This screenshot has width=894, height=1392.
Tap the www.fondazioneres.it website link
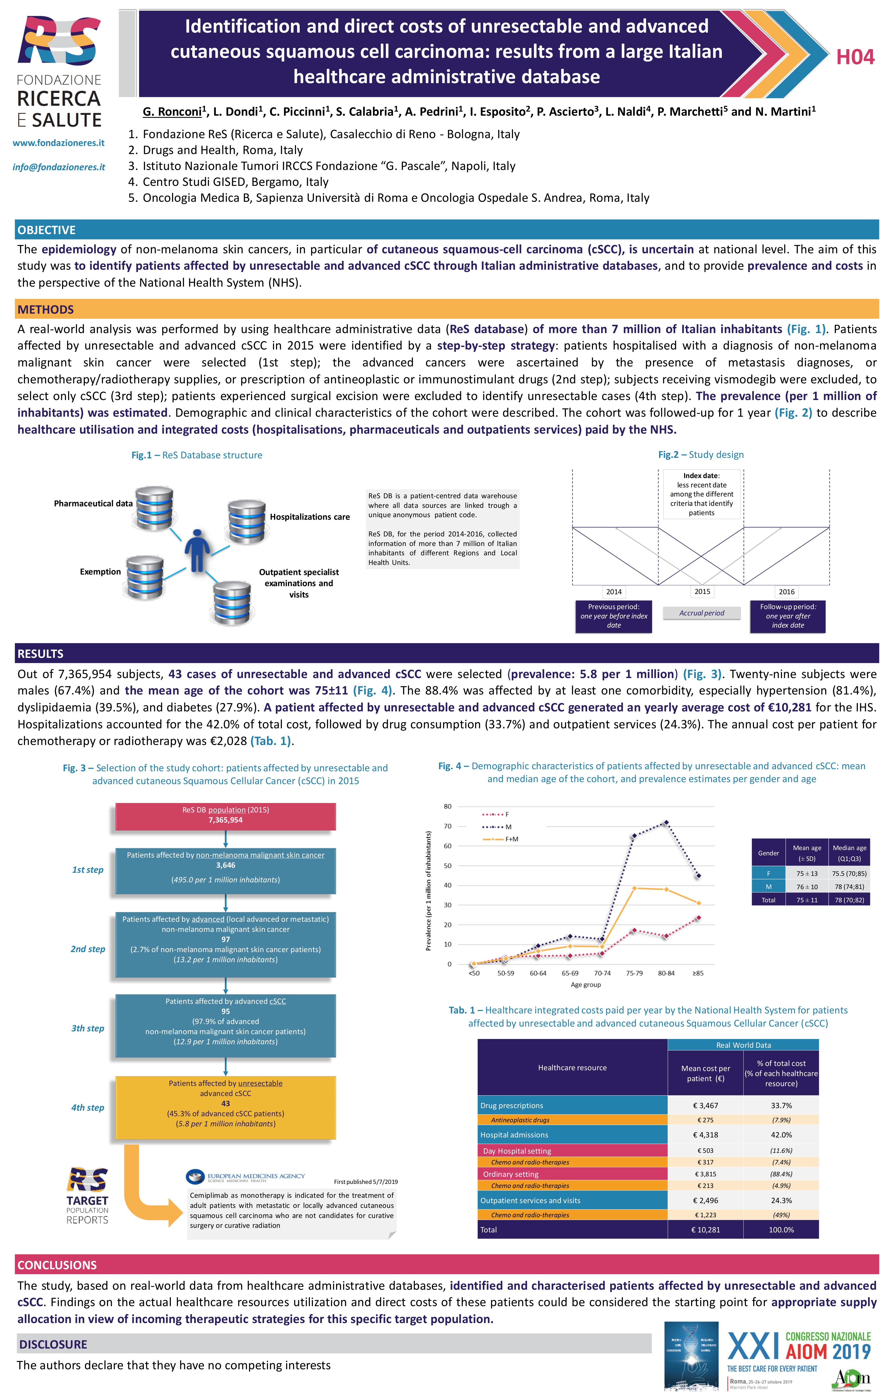(x=59, y=143)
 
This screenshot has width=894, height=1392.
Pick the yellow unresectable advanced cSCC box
(x=225, y=1107)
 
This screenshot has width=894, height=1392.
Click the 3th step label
(x=88, y=1028)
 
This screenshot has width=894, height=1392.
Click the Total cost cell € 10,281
(x=705, y=1229)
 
